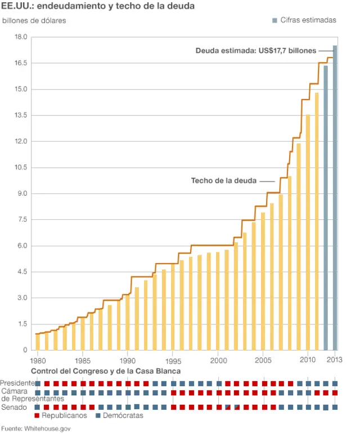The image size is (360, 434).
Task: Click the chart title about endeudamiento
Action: [98, 6]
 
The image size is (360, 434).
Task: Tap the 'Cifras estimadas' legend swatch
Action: [274, 20]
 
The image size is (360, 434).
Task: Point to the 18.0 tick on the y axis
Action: [21, 37]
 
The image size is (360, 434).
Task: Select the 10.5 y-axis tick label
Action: [21, 168]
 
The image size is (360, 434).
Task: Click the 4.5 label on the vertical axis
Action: [21, 272]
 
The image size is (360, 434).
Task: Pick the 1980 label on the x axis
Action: [38, 360]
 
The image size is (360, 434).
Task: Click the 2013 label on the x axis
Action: [335, 360]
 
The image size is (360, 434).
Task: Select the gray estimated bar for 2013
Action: [335, 197]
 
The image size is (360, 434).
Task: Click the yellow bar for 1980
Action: [38, 342]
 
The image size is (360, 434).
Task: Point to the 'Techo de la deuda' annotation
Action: [224, 181]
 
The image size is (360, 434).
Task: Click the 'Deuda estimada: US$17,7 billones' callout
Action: [256, 51]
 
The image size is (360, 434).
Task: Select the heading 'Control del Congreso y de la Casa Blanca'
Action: [106, 372]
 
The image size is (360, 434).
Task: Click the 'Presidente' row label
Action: [17, 383]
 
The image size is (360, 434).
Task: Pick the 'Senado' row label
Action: [13, 406]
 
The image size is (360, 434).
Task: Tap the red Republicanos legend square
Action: [37, 416]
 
